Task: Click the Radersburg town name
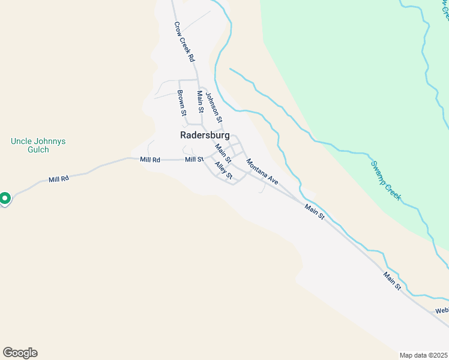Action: [x=205, y=136]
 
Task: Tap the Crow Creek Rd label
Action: [x=184, y=43]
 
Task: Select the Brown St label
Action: [x=181, y=103]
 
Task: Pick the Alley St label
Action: [x=223, y=170]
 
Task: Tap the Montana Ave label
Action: [x=262, y=172]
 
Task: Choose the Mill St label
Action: [x=194, y=160]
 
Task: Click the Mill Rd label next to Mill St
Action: [x=150, y=160]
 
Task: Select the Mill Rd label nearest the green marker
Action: [x=59, y=179]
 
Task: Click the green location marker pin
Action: [x=5, y=198]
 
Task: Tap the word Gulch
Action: [x=38, y=150]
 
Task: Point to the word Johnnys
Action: [x=50, y=142]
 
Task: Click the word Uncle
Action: [x=22, y=142]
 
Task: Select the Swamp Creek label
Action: [x=385, y=181]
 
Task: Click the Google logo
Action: [x=20, y=353]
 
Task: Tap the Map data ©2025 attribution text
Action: [x=424, y=355]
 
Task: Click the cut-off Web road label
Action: [x=442, y=310]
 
